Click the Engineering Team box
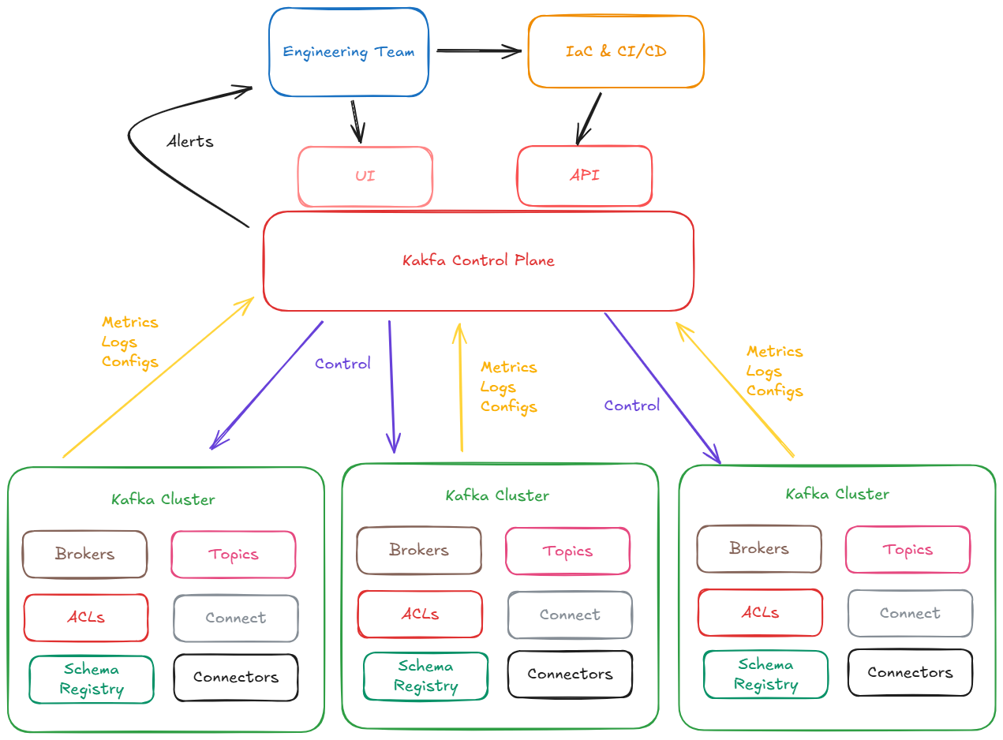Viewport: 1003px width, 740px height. [348, 52]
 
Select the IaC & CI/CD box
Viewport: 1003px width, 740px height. [616, 51]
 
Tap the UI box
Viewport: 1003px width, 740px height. [365, 176]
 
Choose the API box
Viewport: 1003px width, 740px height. [584, 175]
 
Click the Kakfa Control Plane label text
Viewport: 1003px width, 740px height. [478, 260]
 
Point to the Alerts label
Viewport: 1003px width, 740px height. [189, 142]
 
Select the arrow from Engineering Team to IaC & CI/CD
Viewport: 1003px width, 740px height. [477, 52]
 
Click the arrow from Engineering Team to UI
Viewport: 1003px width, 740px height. [356, 121]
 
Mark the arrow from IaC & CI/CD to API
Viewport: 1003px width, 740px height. [589, 118]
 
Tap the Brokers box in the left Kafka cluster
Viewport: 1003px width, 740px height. [84, 554]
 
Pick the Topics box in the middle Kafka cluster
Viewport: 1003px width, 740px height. [567, 551]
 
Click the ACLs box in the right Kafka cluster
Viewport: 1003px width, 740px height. [760, 612]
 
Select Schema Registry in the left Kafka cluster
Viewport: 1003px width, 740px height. [92, 679]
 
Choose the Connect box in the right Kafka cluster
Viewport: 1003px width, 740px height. [910, 613]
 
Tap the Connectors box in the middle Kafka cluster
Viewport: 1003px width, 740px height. [570, 674]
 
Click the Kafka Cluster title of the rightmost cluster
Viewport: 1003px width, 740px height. [837, 494]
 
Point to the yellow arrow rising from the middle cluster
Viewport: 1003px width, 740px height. [459, 387]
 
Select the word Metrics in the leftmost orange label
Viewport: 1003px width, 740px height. [130, 322]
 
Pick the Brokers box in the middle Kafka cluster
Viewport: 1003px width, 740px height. [418, 550]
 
